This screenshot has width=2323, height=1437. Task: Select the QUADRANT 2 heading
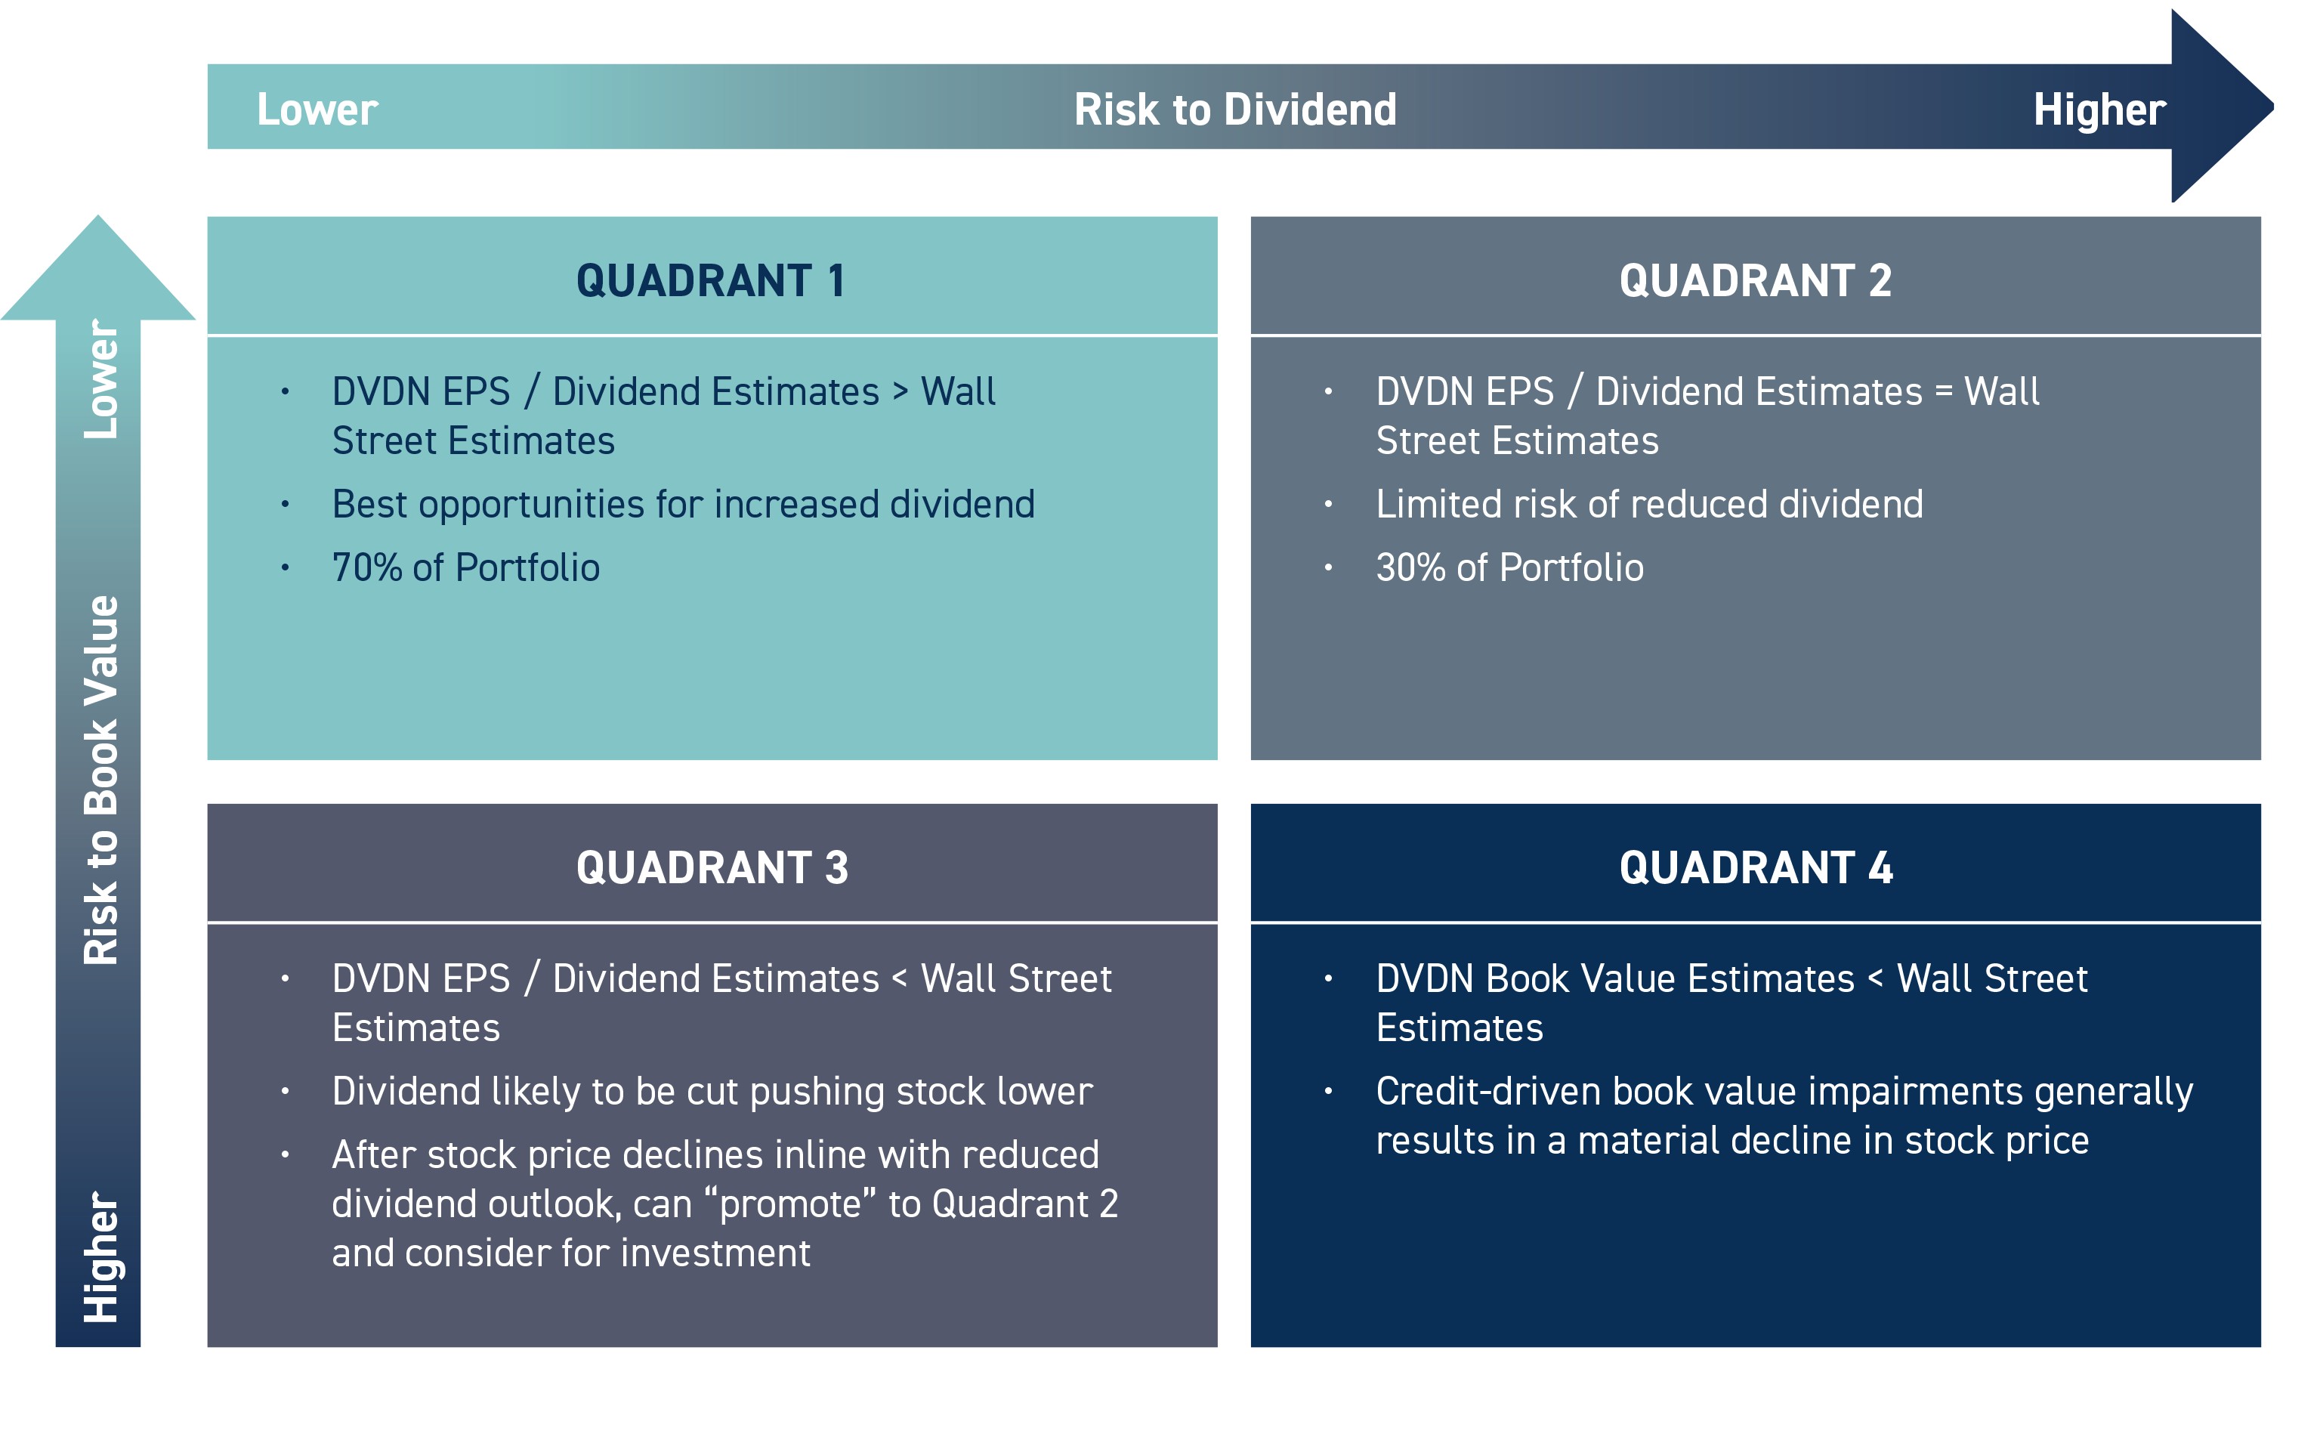coord(1754,280)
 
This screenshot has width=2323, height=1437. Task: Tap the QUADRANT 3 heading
coord(712,867)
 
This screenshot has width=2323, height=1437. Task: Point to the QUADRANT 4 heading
coord(1755,867)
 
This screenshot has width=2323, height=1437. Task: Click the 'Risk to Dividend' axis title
coord(1234,110)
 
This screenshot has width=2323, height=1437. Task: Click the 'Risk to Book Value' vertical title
coord(100,780)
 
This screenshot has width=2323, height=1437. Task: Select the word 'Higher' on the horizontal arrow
coord(2098,110)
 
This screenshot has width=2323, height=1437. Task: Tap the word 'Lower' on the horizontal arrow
coord(317,110)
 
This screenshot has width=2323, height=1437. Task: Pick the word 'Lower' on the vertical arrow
coord(100,379)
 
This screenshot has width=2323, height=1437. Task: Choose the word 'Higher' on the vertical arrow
coord(100,1256)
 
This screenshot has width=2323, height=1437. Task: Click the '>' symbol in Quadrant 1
coord(900,391)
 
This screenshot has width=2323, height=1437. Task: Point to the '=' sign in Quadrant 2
coord(1943,391)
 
